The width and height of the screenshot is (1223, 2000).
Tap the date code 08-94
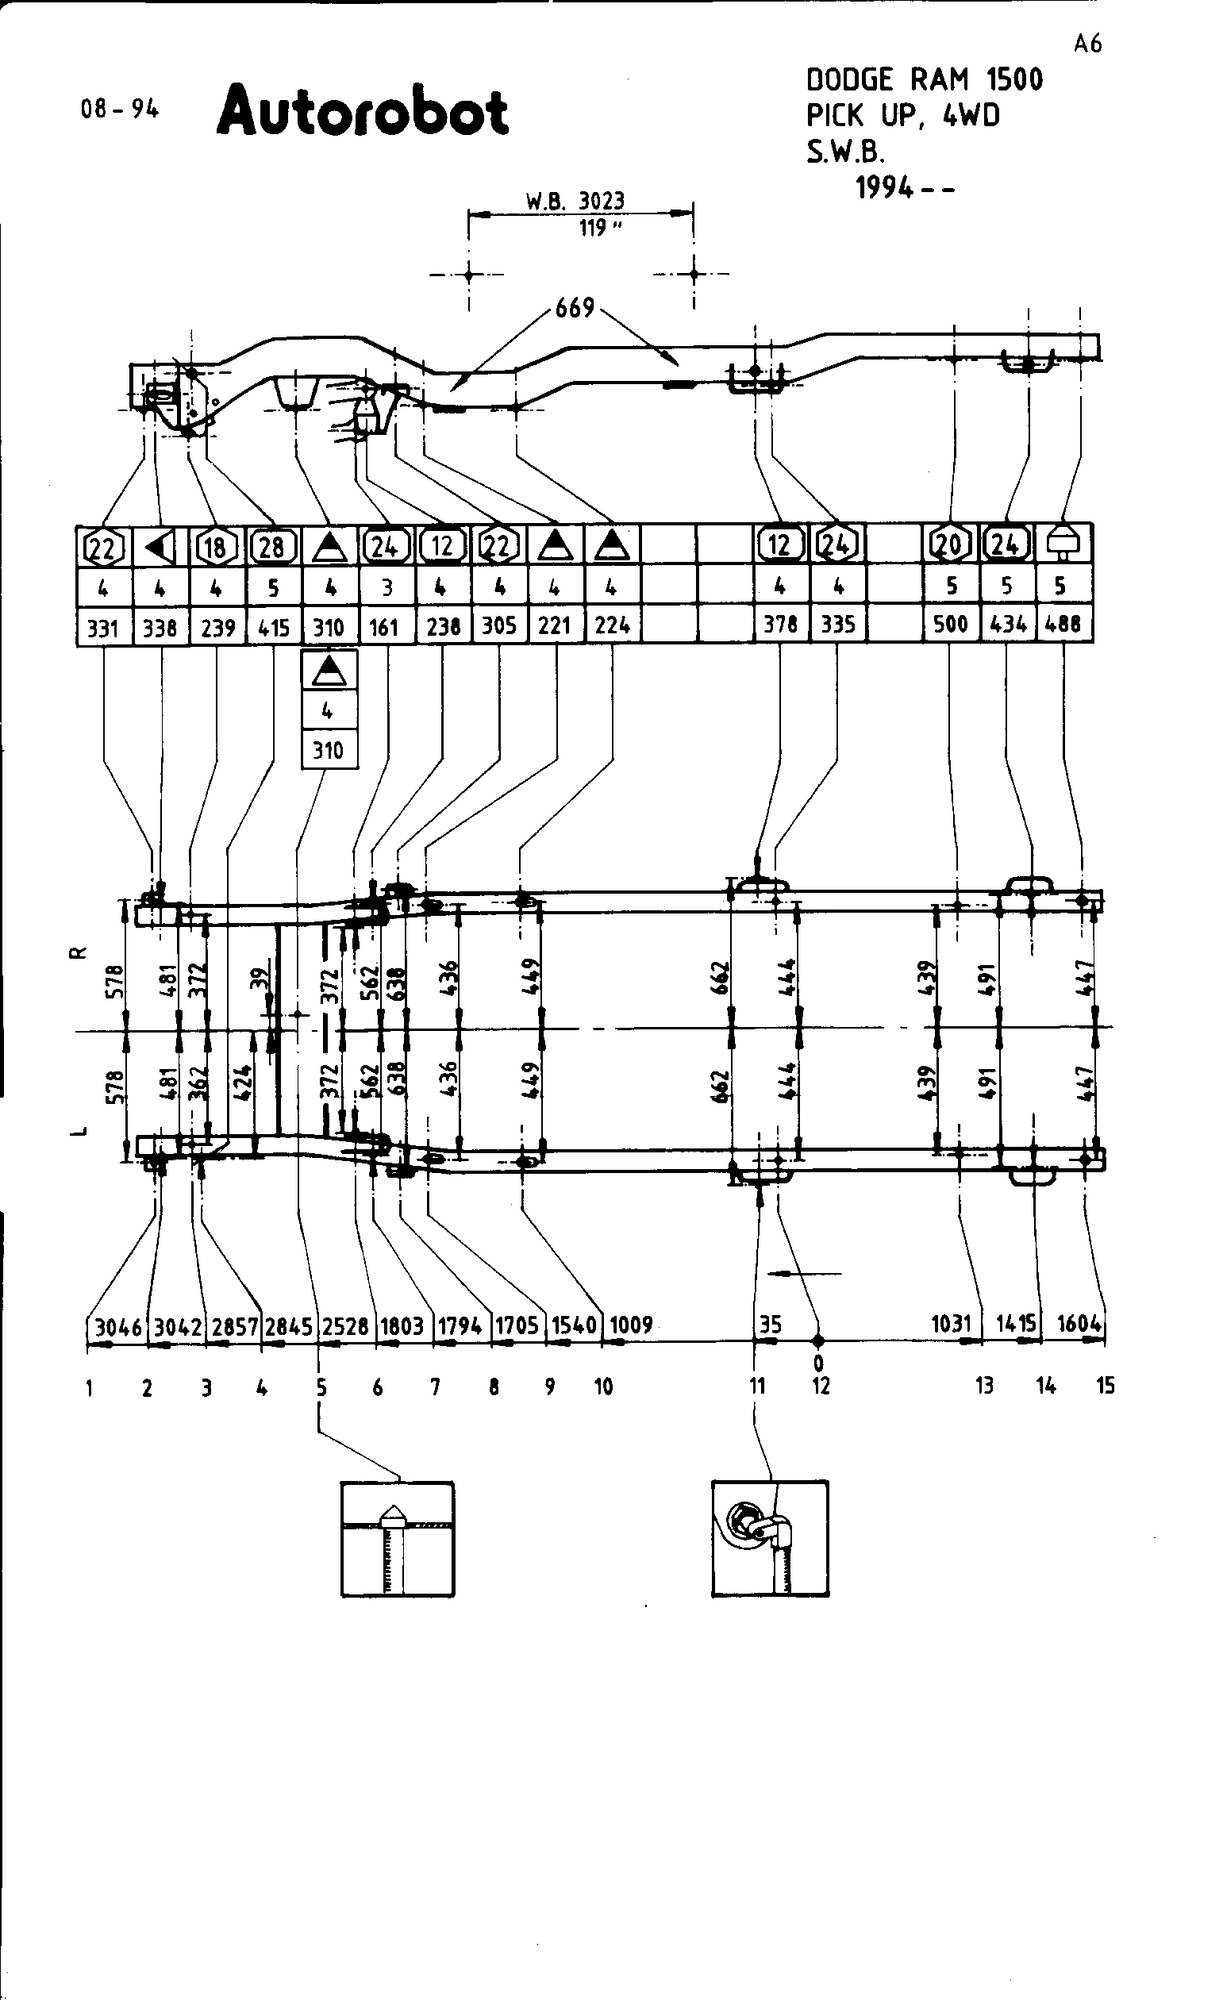(x=119, y=109)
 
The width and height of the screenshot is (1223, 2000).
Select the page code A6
(x=1087, y=44)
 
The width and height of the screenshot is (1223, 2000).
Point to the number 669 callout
(x=575, y=309)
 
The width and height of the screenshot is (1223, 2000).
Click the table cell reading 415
(x=273, y=627)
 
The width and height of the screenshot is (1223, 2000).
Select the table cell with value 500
(x=951, y=624)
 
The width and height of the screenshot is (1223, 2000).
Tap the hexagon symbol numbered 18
(x=215, y=546)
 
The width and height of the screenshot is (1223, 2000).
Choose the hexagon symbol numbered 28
(x=272, y=546)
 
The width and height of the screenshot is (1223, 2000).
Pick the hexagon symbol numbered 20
(x=949, y=544)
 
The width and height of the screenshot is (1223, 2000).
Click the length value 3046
(x=118, y=1327)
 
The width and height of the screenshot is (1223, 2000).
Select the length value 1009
(x=632, y=1325)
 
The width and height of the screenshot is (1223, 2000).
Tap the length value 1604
(x=1079, y=1324)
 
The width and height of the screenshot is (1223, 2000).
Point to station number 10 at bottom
(x=603, y=1387)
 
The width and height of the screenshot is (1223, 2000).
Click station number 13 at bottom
(x=984, y=1386)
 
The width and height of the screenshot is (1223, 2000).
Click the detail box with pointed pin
(x=397, y=1539)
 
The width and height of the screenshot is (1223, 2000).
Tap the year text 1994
(x=885, y=188)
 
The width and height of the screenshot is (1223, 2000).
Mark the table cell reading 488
(x=1063, y=624)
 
